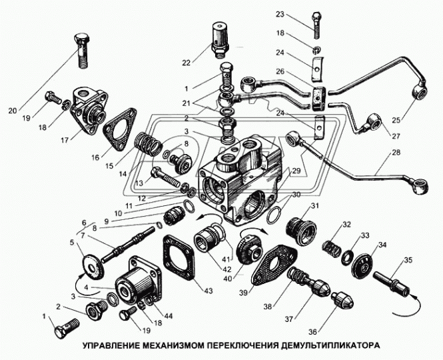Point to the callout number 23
click(298, 15)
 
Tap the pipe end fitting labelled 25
click(420, 91)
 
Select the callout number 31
click(315, 205)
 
